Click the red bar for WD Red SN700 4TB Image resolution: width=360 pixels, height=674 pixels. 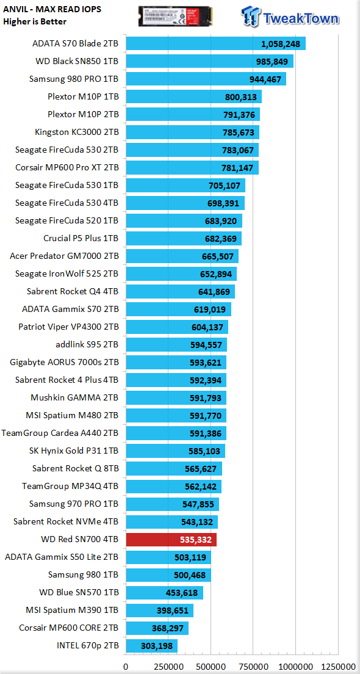[x=171, y=540]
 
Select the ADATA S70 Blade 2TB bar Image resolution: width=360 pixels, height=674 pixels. [x=215, y=43]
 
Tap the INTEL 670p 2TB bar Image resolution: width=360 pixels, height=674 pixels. [x=152, y=646]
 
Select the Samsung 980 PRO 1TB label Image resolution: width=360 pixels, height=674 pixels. [x=74, y=79]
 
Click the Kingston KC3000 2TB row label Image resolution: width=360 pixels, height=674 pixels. [x=77, y=132]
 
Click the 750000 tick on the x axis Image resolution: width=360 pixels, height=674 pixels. [x=253, y=666]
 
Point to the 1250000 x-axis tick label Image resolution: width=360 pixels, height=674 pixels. [x=337, y=666]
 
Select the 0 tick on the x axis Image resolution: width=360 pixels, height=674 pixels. [x=126, y=666]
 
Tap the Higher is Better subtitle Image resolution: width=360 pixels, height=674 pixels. [x=34, y=21]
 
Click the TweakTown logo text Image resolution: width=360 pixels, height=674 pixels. [x=301, y=18]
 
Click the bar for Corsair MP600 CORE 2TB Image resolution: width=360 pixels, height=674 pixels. [x=157, y=628]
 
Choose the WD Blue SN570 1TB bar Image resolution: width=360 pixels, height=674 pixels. [x=164, y=593]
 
